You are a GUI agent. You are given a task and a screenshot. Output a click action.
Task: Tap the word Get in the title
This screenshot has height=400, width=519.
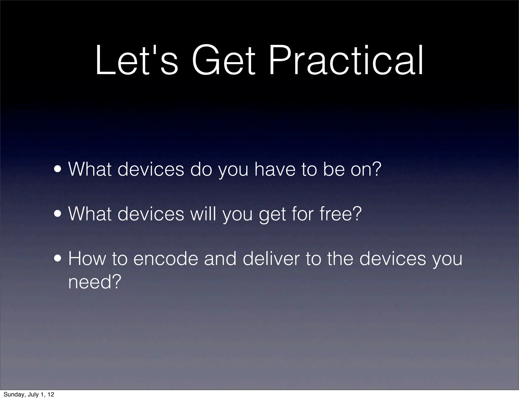point(223,61)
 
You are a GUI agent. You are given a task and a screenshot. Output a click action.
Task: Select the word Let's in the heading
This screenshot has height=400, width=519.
point(137,61)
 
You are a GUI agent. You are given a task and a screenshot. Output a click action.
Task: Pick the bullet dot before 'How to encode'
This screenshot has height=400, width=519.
point(59,259)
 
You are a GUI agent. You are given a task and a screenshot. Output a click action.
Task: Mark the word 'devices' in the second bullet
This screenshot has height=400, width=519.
point(151,214)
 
